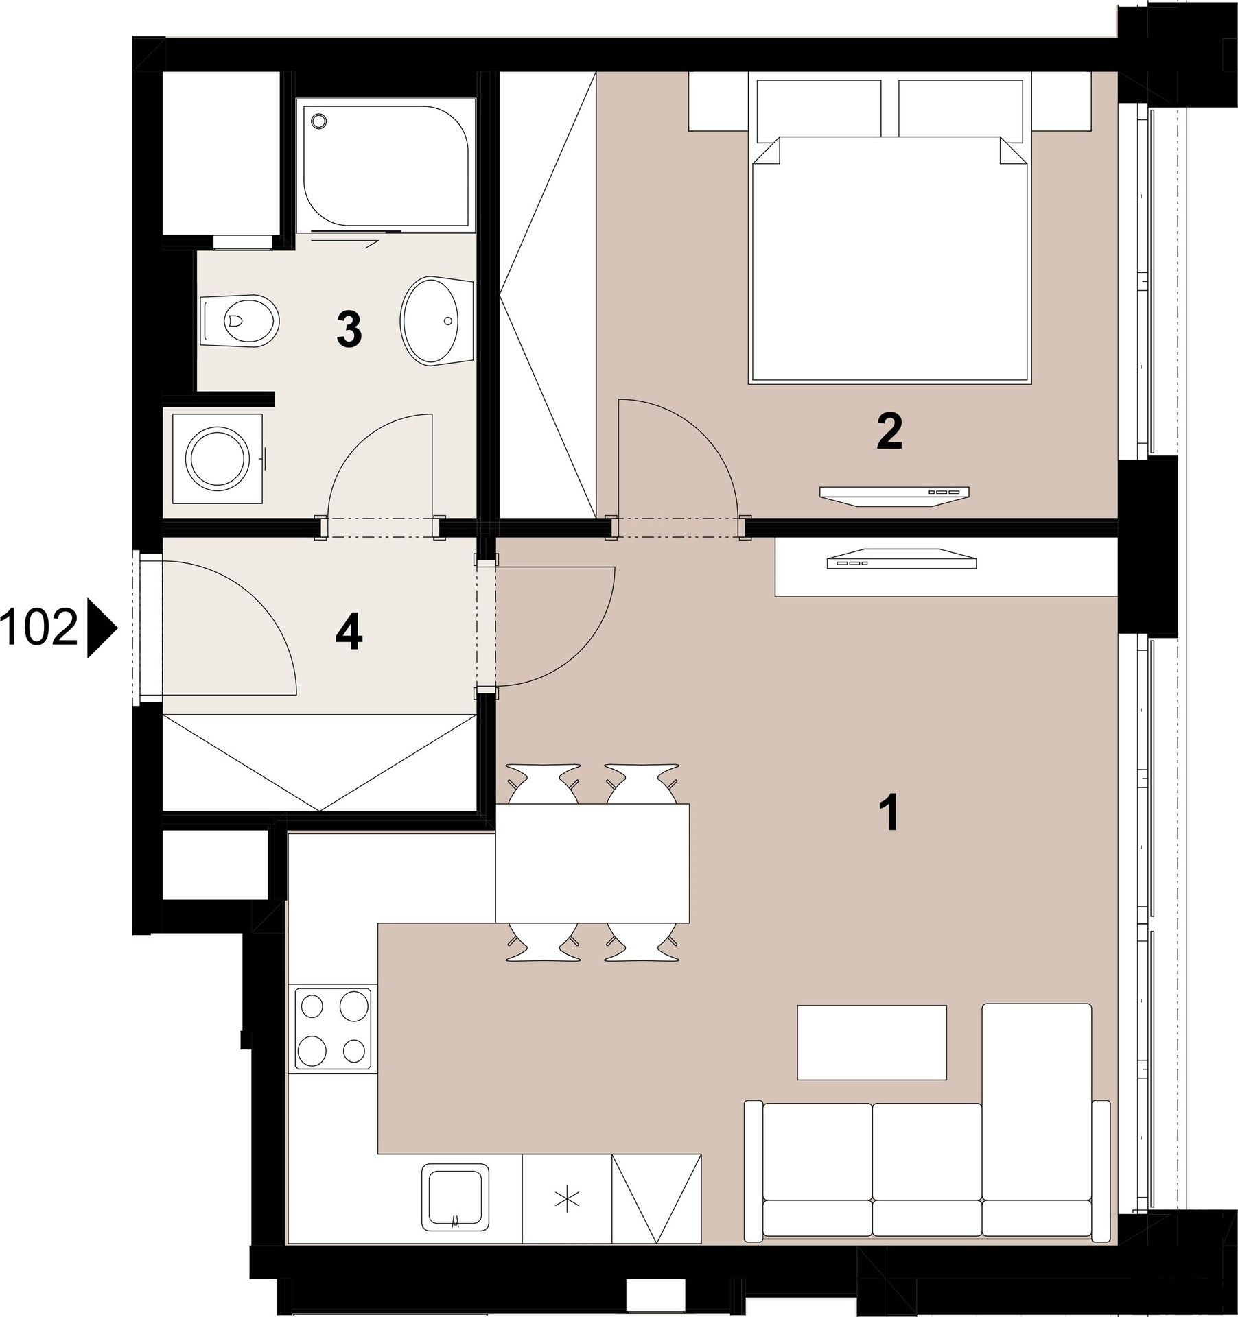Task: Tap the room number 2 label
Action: point(889,431)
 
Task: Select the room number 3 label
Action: point(349,329)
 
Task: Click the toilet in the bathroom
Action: point(240,320)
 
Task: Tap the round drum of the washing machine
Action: point(216,456)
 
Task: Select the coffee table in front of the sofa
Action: point(871,1042)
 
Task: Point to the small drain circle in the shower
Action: point(318,121)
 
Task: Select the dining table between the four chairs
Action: point(592,863)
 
